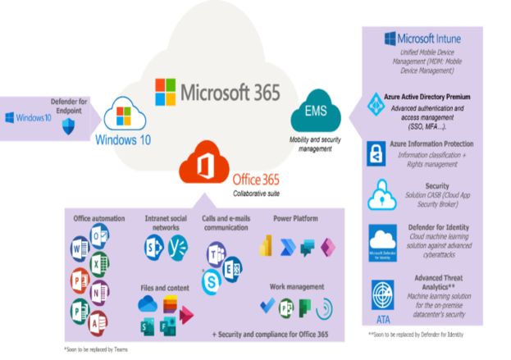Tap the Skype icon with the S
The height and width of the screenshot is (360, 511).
(212, 280)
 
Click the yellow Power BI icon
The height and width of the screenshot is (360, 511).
(264, 246)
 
